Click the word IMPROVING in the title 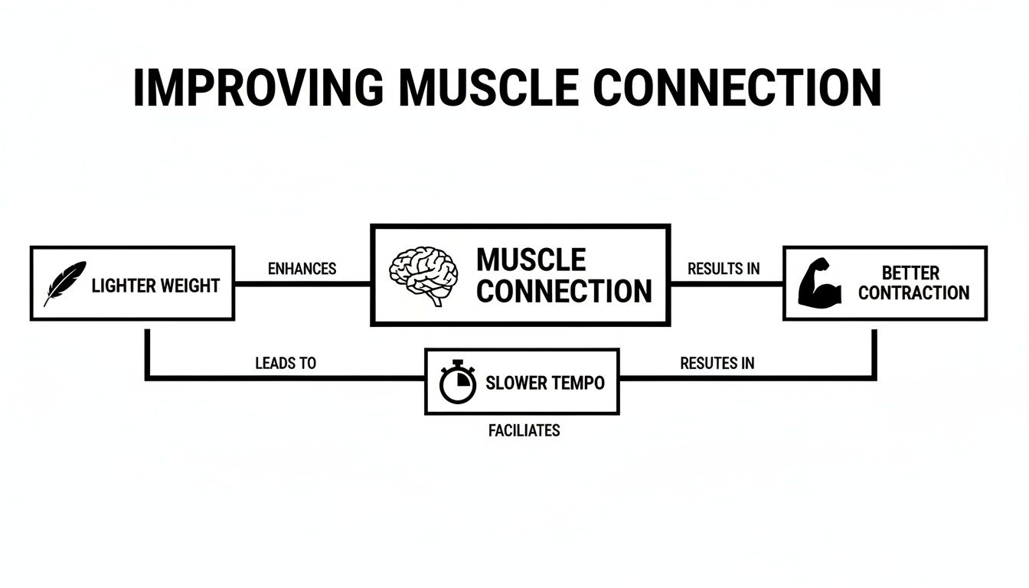coord(258,88)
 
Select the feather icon coord(64,283)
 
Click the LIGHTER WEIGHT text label coord(155,286)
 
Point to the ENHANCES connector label coord(302,269)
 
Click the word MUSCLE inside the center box coord(531,260)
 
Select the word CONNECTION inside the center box coord(564,292)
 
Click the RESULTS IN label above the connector coord(724,269)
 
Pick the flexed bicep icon coord(820,283)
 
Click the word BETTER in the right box coord(910,273)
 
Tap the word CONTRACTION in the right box coord(913,292)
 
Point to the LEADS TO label coord(286,363)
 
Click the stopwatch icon coord(458,381)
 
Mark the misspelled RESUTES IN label coord(717,363)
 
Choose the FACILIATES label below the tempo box coord(524,430)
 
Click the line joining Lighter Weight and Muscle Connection coord(302,283)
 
